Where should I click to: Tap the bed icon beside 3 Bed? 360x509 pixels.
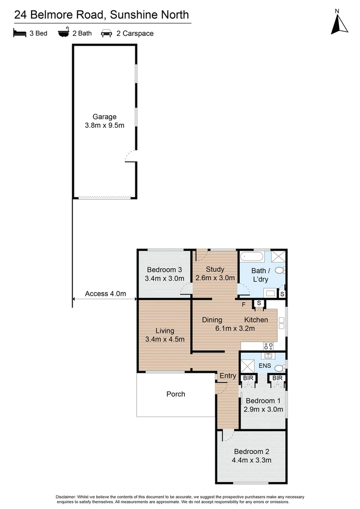point(19,33)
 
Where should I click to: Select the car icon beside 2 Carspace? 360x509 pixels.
point(106,33)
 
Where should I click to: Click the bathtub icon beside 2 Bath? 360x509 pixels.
point(63,33)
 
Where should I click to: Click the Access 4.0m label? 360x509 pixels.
point(105,294)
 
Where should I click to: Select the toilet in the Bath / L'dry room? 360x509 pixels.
point(280,271)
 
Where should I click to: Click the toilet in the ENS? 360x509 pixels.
point(280,368)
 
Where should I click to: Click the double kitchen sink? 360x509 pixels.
point(281,323)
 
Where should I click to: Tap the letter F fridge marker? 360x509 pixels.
point(244,304)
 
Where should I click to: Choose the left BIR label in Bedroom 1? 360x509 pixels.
point(247,378)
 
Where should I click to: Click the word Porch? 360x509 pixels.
point(176,394)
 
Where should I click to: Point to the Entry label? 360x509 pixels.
point(228,376)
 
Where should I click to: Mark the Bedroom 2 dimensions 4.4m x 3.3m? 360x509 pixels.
point(252,460)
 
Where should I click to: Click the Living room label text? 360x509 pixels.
point(165,330)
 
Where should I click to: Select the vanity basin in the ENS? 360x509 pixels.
point(269,356)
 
